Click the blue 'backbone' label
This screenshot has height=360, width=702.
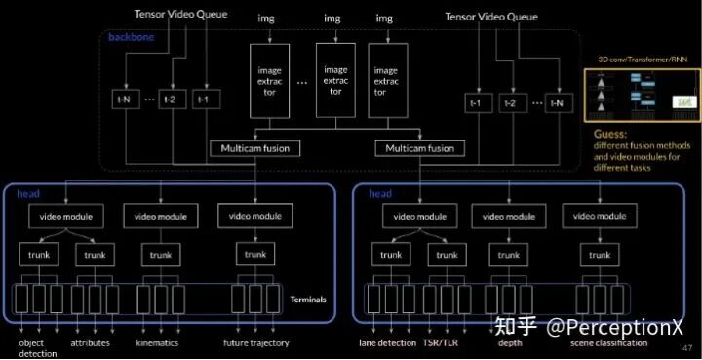[128, 36]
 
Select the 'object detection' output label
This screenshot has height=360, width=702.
[38, 348]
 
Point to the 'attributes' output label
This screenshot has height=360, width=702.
[90, 343]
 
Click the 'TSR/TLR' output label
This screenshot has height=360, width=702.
[447, 343]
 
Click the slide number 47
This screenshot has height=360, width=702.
[686, 348]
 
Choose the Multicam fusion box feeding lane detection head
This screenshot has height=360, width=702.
[420, 148]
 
